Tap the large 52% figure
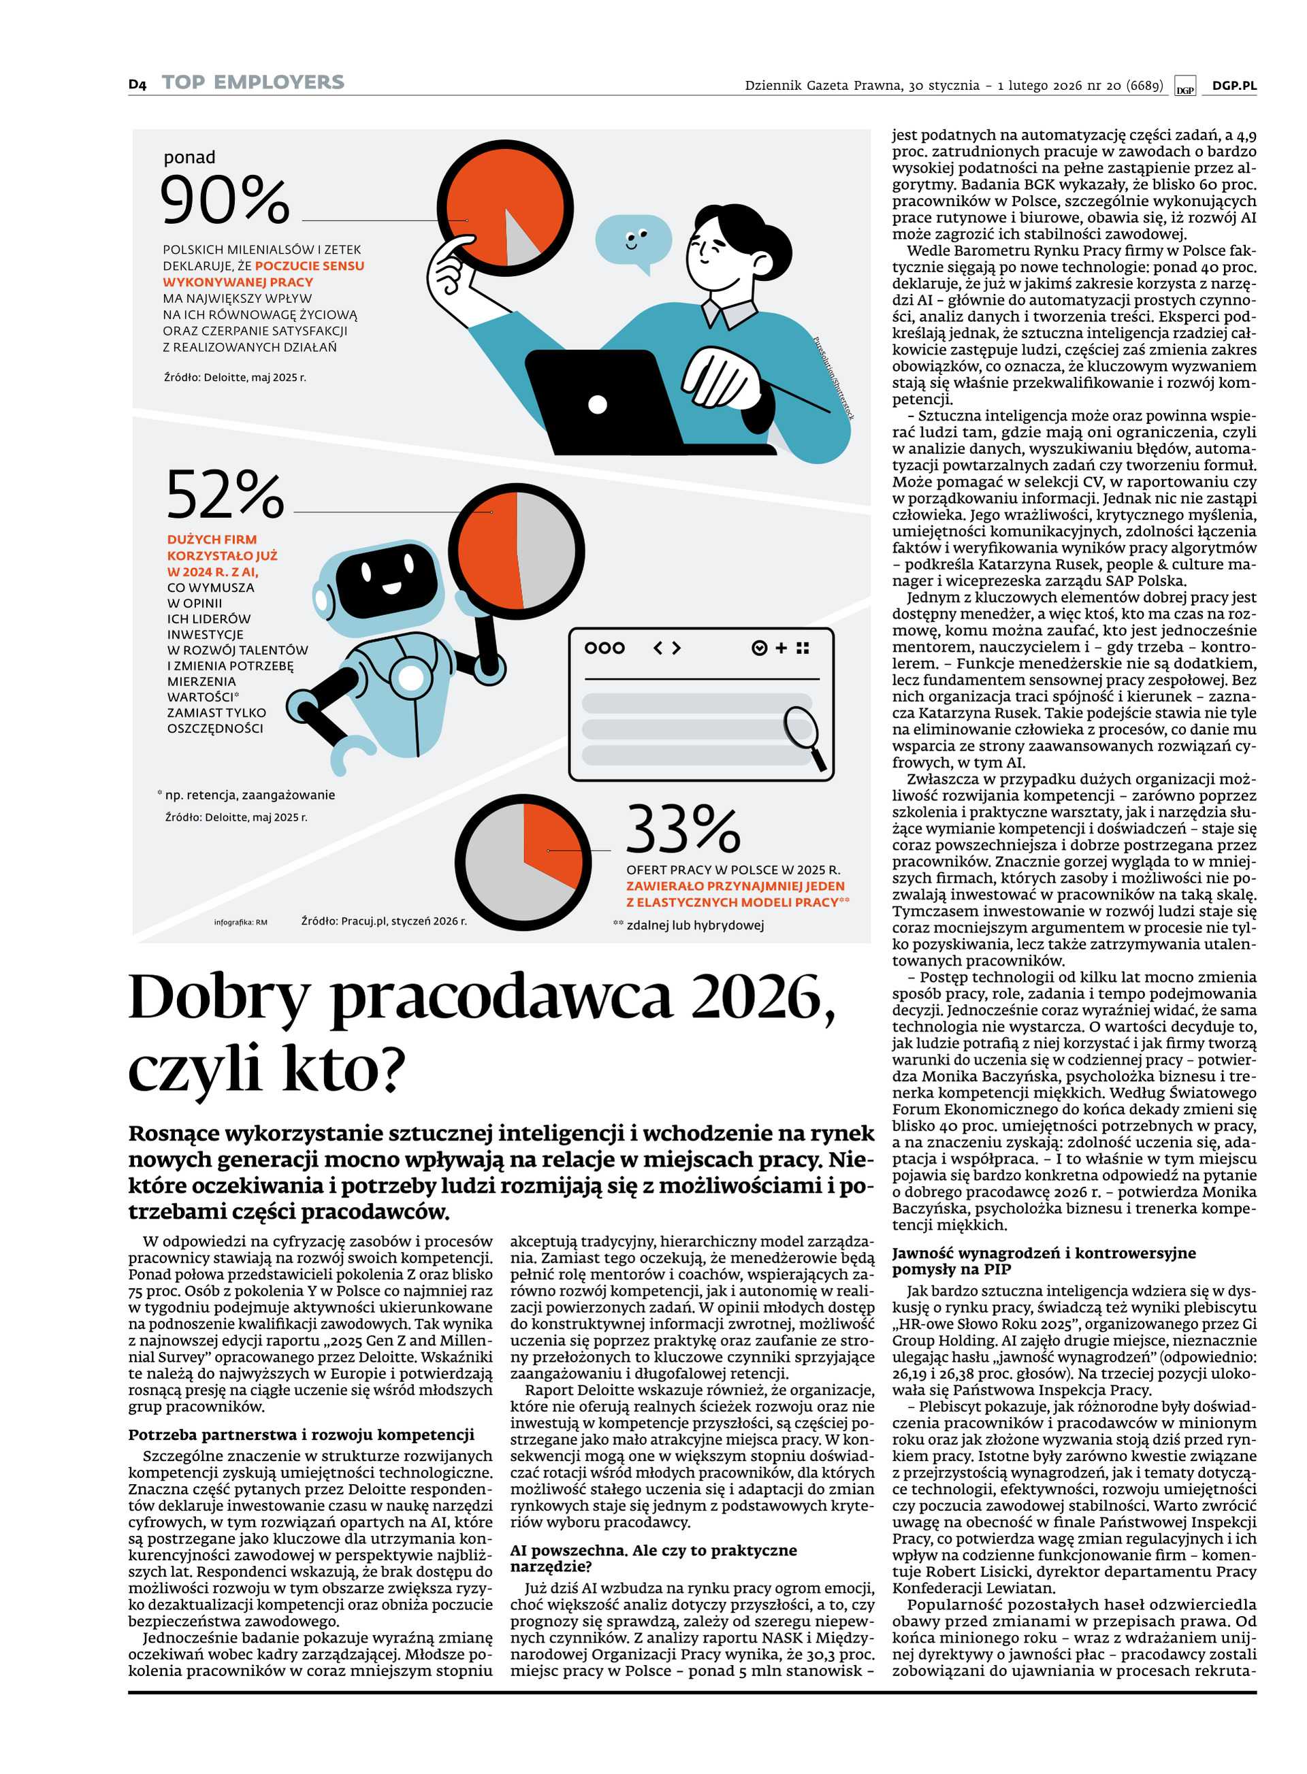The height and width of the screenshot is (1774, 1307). click(x=225, y=493)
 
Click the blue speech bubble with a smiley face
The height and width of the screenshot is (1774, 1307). click(x=632, y=240)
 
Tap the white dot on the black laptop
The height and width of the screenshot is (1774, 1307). click(x=598, y=404)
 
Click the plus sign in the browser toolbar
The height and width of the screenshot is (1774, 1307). click(x=781, y=648)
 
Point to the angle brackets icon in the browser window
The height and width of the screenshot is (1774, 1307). click(x=666, y=648)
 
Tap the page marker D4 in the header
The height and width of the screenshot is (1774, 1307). click(x=138, y=84)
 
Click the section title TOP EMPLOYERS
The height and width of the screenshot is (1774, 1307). click(x=253, y=82)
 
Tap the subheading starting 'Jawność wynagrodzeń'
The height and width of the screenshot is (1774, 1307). click(x=1044, y=1261)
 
